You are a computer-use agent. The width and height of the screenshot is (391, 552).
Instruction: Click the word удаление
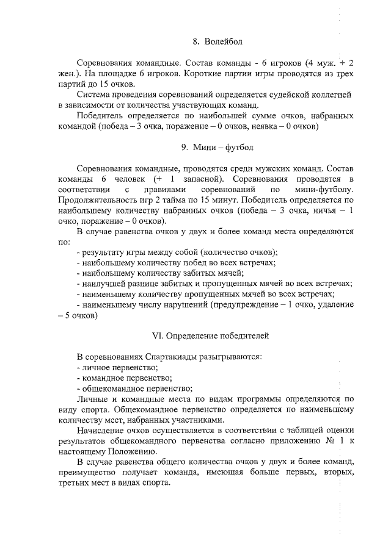[x=332, y=305]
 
